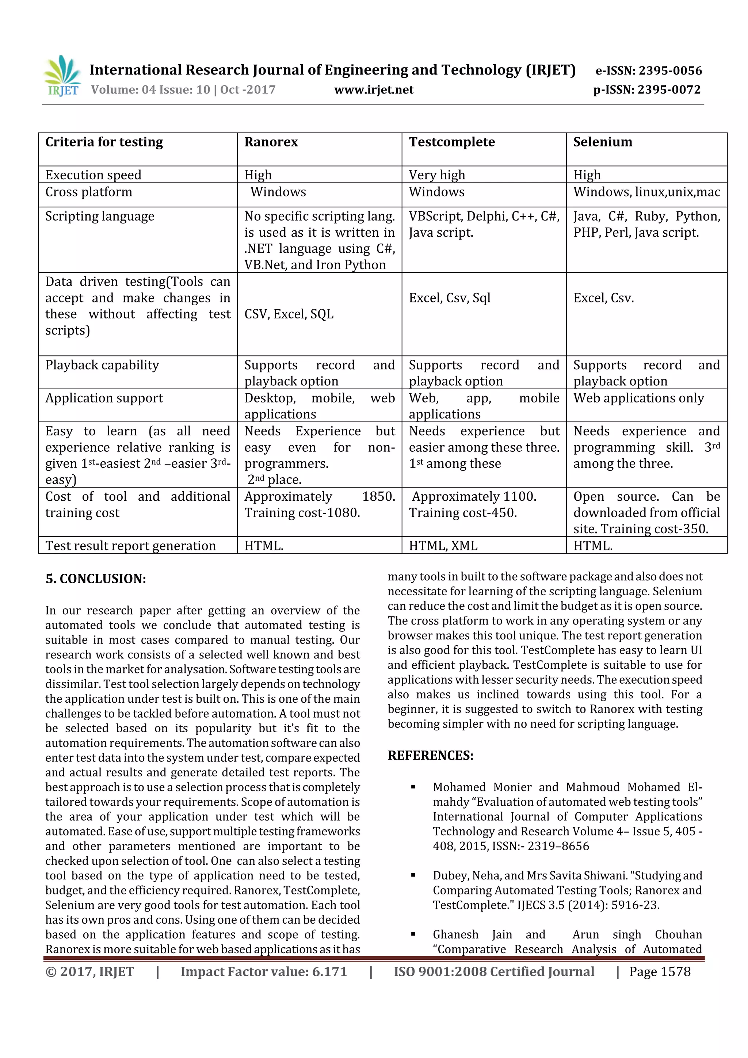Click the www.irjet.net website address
tap(374, 90)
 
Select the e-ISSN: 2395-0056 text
tap(648, 70)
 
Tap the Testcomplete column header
tap(452, 142)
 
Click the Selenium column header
tap(602, 142)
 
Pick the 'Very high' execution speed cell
tap(436, 175)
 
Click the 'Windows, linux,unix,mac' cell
tap(646, 192)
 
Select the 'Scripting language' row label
tap(100, 217)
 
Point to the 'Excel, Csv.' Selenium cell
tap(603, 298)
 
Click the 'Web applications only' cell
tap(638, 398)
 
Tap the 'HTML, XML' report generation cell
tap(443, 546)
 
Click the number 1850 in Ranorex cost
tap(378, 497)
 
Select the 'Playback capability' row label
tap(102, 365)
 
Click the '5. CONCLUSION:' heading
tap(96, 579)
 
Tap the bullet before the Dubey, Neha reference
tap(413, 875)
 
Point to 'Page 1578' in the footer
tap(660, 972)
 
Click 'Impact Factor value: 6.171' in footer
tap(264, 972)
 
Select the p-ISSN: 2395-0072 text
tap(646, 90)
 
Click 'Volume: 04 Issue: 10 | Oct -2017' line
tap(183, 90)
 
